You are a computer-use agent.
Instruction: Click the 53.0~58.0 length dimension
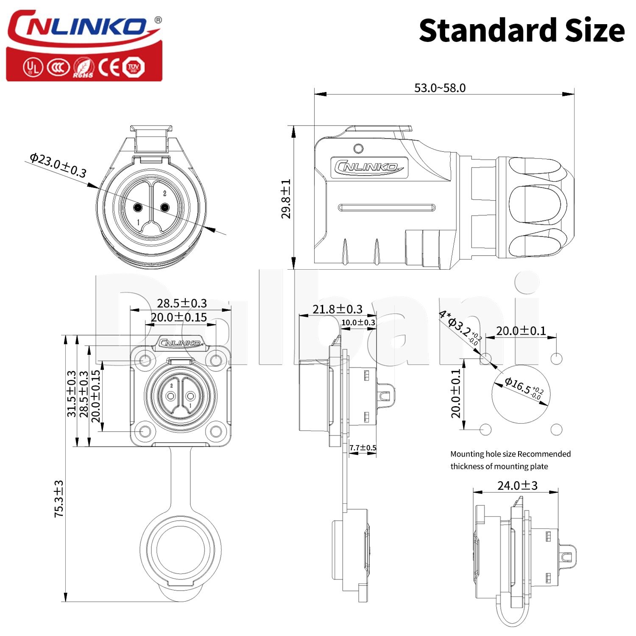(x=440, y=88)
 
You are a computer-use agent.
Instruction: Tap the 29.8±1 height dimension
(x=287, y=198)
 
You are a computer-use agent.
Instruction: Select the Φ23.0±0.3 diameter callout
(x=58, y=165)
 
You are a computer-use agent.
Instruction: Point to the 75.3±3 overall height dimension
(x=59, y=499)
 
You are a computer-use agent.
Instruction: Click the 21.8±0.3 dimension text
(x=338, y=309)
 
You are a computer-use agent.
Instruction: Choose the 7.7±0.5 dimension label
(x=363, y=448)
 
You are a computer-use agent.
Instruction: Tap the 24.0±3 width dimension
(x=517, y=485)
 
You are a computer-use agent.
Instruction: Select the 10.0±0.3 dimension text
(x=358, y=323)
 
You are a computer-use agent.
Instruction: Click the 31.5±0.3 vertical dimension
(x=71, y=393)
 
